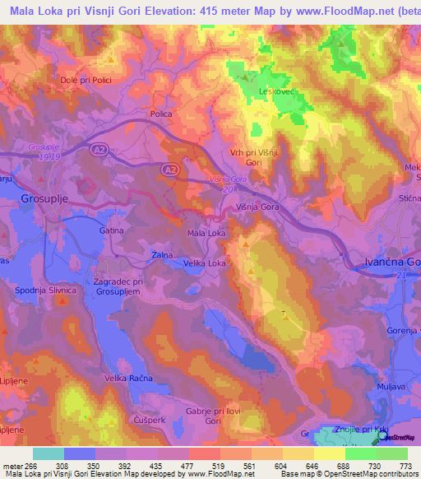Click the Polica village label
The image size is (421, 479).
tap(161, 114)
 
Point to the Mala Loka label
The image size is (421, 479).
tap(206, 234)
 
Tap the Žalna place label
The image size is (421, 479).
tap(161, 256)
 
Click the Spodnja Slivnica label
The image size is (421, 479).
tap(45, 291)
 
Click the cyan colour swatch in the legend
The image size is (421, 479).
tap(49, 453)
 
